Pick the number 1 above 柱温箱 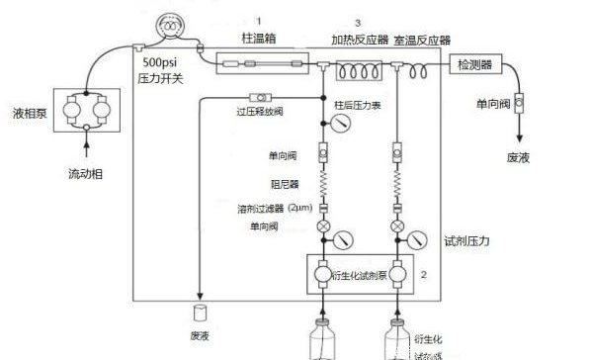pyautogui.click(x=259, y=19)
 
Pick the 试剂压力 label pyautogui.click(x=467, y=240)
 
